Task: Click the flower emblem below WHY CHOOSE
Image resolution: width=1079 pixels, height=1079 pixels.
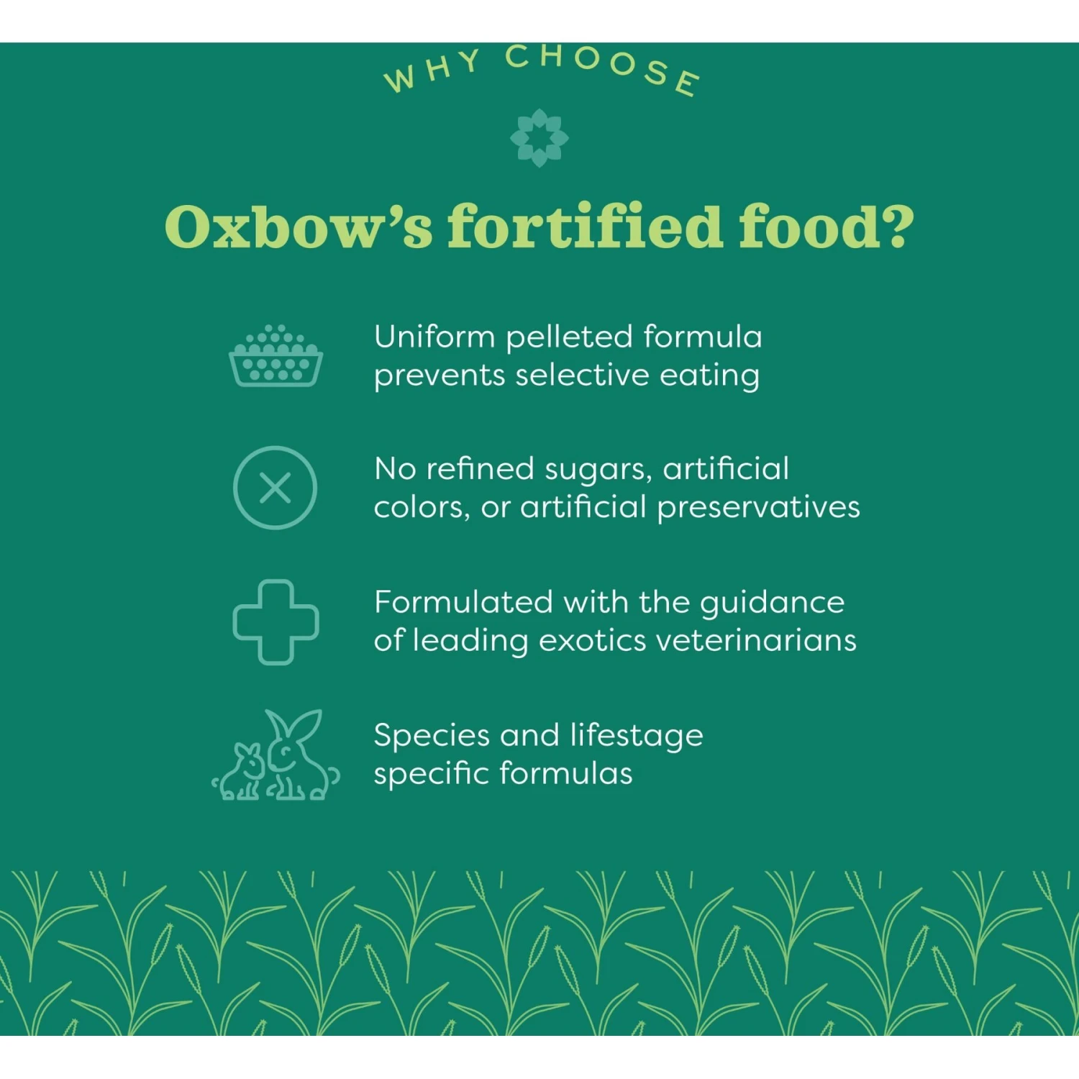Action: [x=539, y=137]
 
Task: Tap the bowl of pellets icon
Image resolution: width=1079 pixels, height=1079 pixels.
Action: [x=276, y=358]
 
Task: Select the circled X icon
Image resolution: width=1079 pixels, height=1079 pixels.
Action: [x=276, y=488]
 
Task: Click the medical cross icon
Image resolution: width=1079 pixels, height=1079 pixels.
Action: [x=276, y=622]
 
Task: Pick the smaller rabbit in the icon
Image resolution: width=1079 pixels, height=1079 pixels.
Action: [x=243, y=773]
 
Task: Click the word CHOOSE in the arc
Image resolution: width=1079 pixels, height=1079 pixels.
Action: [x=603, y=66]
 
